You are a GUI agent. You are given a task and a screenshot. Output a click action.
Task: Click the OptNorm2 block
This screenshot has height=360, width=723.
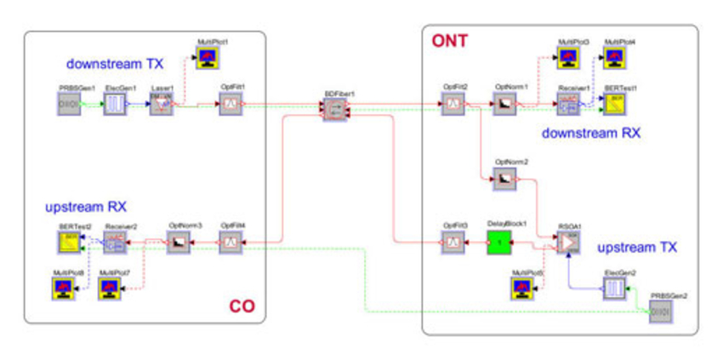point(505,179)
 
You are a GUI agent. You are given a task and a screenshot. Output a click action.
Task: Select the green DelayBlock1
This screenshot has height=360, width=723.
point(499,243)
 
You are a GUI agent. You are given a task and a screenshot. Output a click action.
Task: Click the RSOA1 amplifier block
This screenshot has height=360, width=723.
point(568,243)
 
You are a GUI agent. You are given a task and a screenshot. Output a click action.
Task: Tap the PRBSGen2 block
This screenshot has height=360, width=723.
point(660,311)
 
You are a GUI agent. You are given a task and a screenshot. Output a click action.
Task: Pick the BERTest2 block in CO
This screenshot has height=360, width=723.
point(68,243)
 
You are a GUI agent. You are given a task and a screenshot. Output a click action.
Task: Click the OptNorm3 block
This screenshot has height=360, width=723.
point(179,243)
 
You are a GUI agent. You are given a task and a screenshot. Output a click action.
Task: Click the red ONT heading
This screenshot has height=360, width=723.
point(448,40)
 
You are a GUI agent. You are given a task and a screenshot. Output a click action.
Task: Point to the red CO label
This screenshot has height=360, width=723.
point(242,306)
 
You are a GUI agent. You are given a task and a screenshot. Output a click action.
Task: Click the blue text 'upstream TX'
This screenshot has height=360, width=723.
point(637,248)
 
